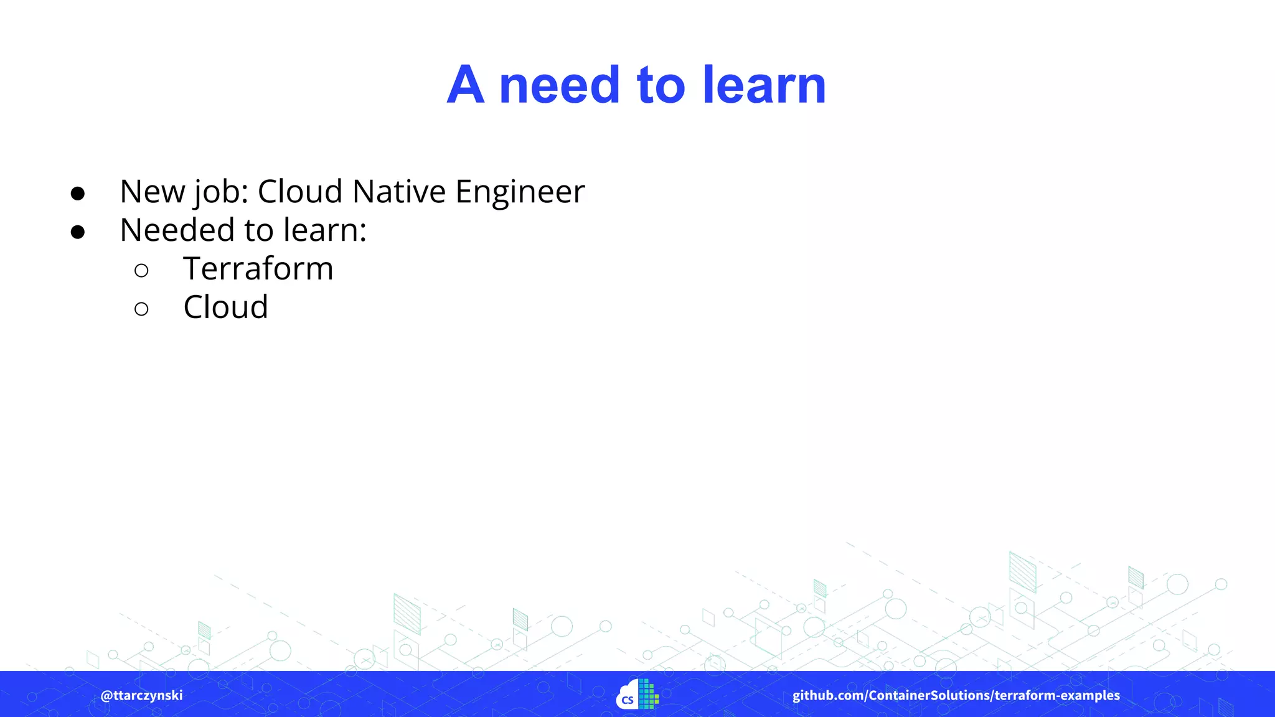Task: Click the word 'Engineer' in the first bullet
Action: [520, 192]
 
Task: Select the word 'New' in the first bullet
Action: [153, 192]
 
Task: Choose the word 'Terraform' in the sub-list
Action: [258, 269]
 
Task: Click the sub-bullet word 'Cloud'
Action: [225, 307]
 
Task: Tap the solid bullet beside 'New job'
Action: [78, 194]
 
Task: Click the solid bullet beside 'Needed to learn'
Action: [78, 232]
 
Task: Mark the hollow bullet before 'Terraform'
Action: [141, 270]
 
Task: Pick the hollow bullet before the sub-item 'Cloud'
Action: [141, 309]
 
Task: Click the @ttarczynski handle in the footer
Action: [142, 695]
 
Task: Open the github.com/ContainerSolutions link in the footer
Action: [890, 695]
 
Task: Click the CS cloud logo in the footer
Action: [637, 694]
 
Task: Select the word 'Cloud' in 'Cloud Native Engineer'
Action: [300, 192]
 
